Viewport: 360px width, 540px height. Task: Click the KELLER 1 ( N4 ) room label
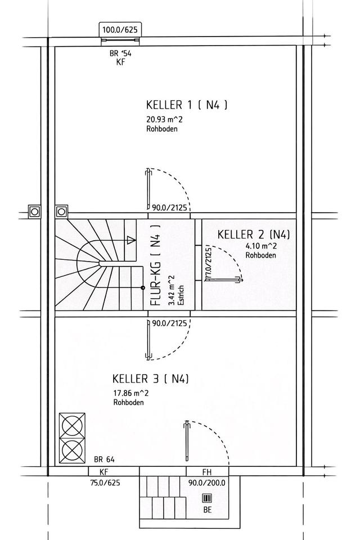tap(186, 105)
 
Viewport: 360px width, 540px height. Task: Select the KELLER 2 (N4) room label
tap(254, 234)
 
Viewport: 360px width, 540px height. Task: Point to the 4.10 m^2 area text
tap(261, 246)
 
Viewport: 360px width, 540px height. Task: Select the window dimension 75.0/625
tap(105, 482)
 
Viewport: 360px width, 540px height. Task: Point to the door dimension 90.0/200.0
tap(206, 482)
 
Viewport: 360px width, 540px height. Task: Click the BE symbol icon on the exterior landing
tap(207, 499)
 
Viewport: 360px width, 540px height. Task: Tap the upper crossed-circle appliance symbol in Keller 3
tap(73, 426)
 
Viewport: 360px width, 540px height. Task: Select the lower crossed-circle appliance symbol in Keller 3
tap(73, 451)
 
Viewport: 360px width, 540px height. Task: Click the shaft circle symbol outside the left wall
tap(35, 211)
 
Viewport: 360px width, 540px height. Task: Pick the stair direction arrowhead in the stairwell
tap(132, 240)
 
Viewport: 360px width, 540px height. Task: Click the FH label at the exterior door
tap(207, 472)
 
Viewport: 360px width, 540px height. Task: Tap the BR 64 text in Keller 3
tap(105, 459)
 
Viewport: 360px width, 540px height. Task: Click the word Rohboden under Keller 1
tap(161, 129)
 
